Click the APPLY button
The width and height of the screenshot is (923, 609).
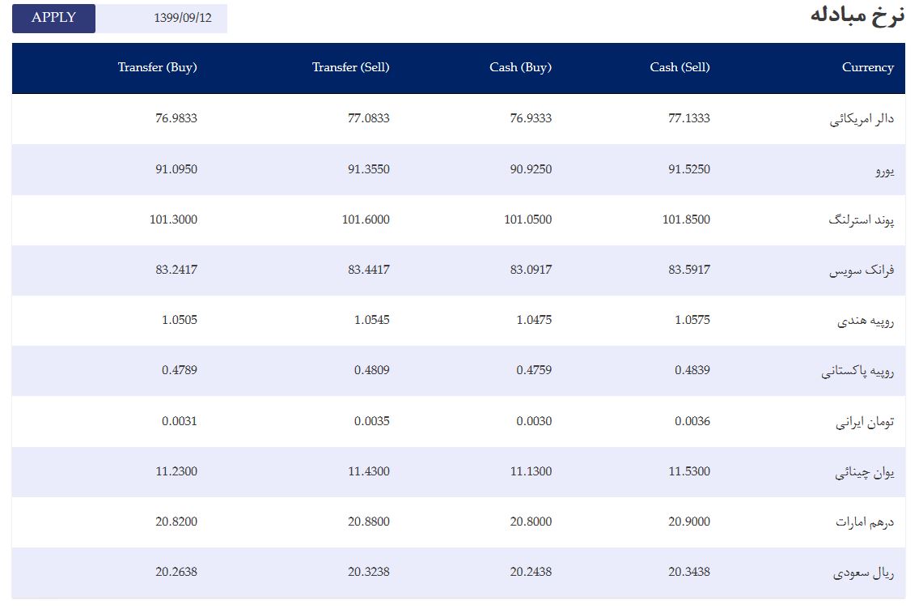[x=53, y=19]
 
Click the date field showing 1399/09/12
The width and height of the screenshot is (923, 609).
[x=161, y=19]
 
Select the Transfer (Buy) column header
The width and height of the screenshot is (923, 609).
[x=157, y=67]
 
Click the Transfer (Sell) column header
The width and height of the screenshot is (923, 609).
[x=351, y=67]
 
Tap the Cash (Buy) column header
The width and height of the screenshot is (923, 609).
[x=520, y=67]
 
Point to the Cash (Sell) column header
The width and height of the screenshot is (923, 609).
[x=680, y=67]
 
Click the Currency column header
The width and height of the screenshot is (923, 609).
[x=868, y=67]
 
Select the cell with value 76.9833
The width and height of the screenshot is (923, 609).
[x=176, y=118]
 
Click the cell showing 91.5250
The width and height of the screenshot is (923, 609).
[x=688, y=169]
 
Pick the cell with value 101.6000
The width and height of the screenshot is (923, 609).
[x=366, y=219]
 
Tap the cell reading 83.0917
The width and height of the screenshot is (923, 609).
[x=531, y=270]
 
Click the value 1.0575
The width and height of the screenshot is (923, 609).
[x=692, y=320]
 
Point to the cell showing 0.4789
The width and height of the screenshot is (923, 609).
[x=180, y=370]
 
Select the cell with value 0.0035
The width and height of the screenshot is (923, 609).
[x=372, y=422]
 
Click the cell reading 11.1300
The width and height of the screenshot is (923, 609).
[x=531, y=471]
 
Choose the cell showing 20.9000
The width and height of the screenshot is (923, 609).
[x=688, y=522]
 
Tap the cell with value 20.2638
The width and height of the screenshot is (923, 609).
[x=176, y=572]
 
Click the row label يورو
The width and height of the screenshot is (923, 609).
[x=885, y=170]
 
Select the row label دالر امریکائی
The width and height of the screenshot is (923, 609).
[x=862, y=119]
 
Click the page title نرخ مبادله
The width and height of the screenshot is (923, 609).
[x=857, y=15]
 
